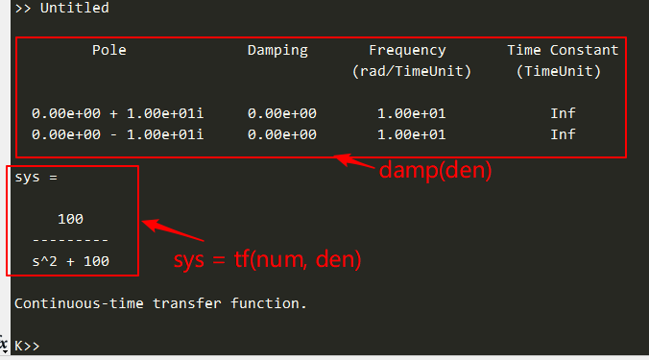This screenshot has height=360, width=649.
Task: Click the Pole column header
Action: pos(109,50)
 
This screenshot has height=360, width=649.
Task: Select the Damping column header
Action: pos(277,50)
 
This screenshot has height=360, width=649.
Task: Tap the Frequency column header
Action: pos(407,50)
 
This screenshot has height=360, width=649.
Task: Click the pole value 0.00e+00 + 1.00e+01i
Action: pos(117,113)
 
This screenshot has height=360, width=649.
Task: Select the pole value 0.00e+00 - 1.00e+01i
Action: pos(117,134)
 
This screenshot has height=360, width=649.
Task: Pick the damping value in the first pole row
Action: pos(281,113)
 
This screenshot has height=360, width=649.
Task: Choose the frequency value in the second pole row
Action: pos(411,134)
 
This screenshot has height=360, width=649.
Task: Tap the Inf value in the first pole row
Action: pos(563,113)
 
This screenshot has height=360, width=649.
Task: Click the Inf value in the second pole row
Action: pos(563,134)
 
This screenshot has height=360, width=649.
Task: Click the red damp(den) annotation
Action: pos(435,171)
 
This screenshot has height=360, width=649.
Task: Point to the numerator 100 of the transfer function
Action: pos(70,219)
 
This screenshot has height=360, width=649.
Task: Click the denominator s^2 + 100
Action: pos(70,261)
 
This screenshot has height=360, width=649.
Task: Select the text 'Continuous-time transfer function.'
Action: pos(160,303)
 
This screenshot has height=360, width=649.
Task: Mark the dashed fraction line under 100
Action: pos(70,240)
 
